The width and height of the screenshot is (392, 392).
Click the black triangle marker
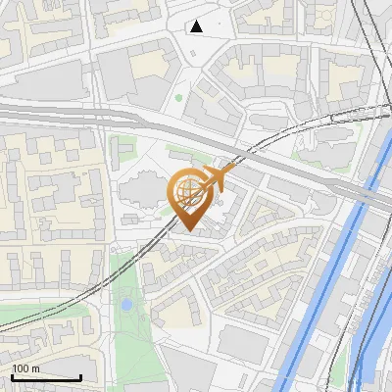pyautogui.click(x=197, y=26)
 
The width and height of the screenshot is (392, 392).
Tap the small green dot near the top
pyautogui.click(x=177, y=97)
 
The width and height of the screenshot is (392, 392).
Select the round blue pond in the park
pyautogui.click(x=126, y=306)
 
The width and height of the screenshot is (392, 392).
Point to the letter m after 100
pyautogui.click(x=35, y=368)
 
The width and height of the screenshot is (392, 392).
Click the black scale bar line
pyautogui.click(x=46, y=377)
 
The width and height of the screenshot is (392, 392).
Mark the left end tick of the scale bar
pyautogui.click(x=12, y=375)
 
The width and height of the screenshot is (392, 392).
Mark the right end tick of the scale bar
pyautogui.click(x=81, y=375)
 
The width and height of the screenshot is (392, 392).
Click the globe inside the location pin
pyautogui.click(x=187, y=190)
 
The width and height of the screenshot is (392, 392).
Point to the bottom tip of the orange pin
pyautogui.click(x=188, y=231)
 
